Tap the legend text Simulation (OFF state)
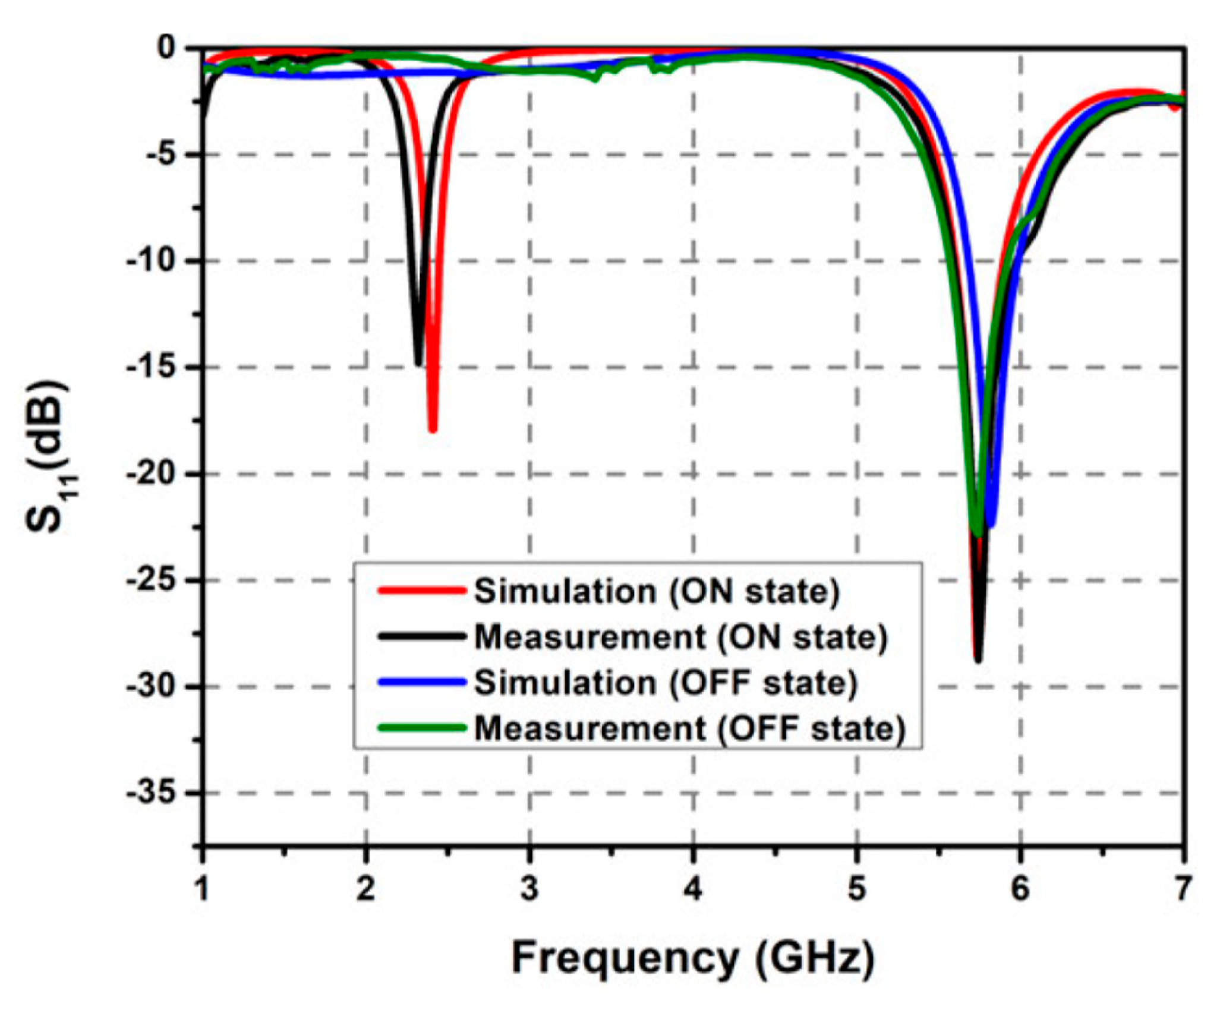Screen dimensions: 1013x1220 tap(666, 683)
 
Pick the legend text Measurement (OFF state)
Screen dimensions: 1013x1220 tap(689, 728)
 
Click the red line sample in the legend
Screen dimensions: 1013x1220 tap(421, 591)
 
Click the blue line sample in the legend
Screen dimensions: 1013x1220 tap(421, 682)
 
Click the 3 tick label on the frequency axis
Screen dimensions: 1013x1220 tap(529, 889)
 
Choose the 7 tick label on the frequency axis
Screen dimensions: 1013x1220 tap(1183, 889)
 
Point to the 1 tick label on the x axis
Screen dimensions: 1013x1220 tap(203, 889)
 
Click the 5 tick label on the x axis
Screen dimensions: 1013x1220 tap(856, 889)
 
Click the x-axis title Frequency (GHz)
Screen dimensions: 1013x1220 tap(693, 958)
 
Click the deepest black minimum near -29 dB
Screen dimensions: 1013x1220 tap(978, 659)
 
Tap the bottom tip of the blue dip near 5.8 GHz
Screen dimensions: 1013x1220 tap(991, 524)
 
